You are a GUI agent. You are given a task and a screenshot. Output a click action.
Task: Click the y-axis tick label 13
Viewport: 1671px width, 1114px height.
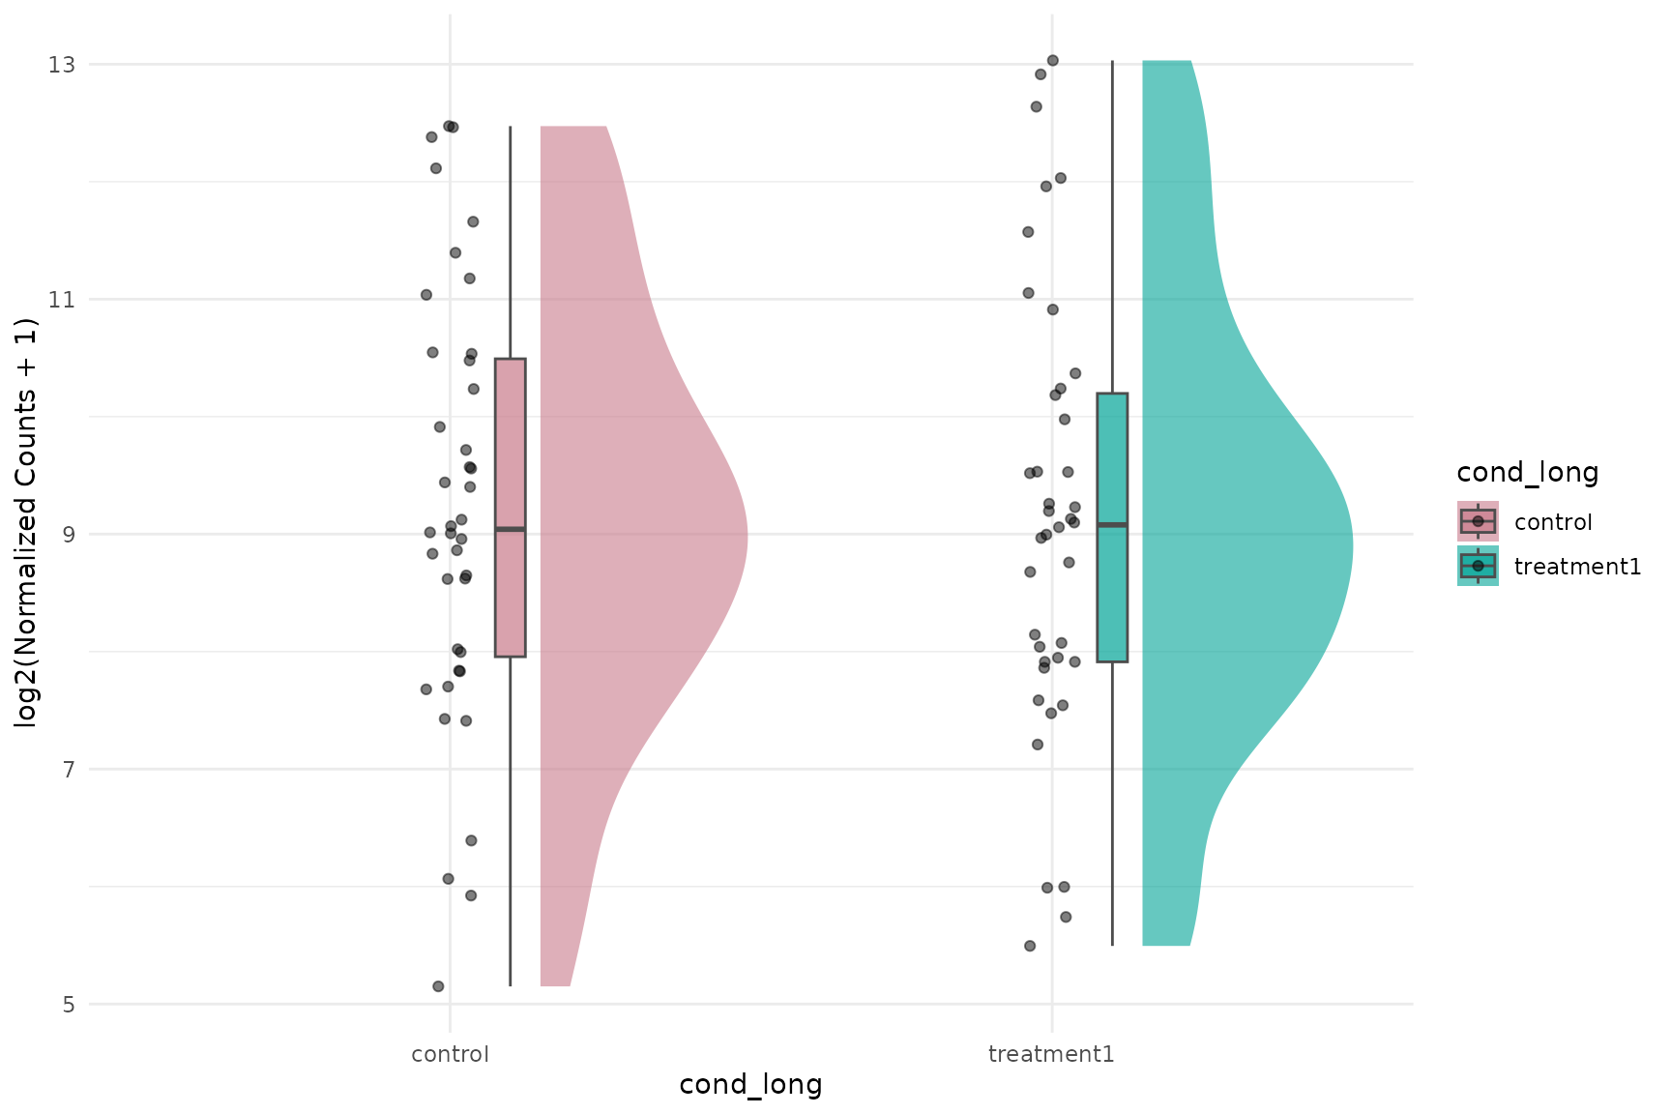[62, 65]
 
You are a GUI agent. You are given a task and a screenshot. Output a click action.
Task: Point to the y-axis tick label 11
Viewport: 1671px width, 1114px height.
[62, 300]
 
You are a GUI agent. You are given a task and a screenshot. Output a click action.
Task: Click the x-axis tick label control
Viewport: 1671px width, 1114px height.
[450, 1054]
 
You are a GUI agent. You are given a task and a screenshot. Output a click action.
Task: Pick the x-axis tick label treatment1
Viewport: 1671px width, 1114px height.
[1051, 1054]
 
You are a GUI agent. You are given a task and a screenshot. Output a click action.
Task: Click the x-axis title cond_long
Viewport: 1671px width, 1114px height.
[750, 1085]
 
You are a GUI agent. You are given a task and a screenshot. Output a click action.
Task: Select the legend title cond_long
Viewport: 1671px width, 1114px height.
[1527, 472]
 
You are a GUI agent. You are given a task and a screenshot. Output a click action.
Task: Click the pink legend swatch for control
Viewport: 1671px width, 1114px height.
[1478, 521]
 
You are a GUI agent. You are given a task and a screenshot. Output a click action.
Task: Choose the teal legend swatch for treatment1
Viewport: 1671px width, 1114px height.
[1478, 566]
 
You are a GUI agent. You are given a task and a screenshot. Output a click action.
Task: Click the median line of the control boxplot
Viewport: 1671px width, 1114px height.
[511, 529]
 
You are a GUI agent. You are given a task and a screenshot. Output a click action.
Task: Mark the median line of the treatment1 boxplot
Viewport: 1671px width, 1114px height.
[1112, 524]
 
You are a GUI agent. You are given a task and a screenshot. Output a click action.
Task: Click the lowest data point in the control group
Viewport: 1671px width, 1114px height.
[438, 986]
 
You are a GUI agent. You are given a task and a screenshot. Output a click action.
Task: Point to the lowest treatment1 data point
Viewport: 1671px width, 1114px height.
[1030, 946]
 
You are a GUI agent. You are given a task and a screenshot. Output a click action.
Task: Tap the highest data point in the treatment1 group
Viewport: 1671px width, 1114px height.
[1053, 61]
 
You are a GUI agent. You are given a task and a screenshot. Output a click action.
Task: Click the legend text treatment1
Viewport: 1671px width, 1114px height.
[1577, 567]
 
